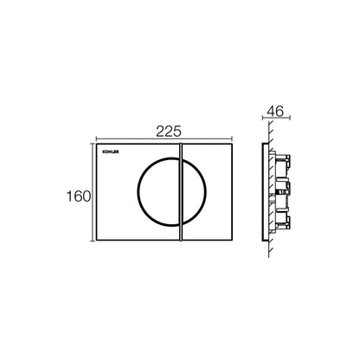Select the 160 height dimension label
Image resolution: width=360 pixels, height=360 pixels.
(x=79, y=196)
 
